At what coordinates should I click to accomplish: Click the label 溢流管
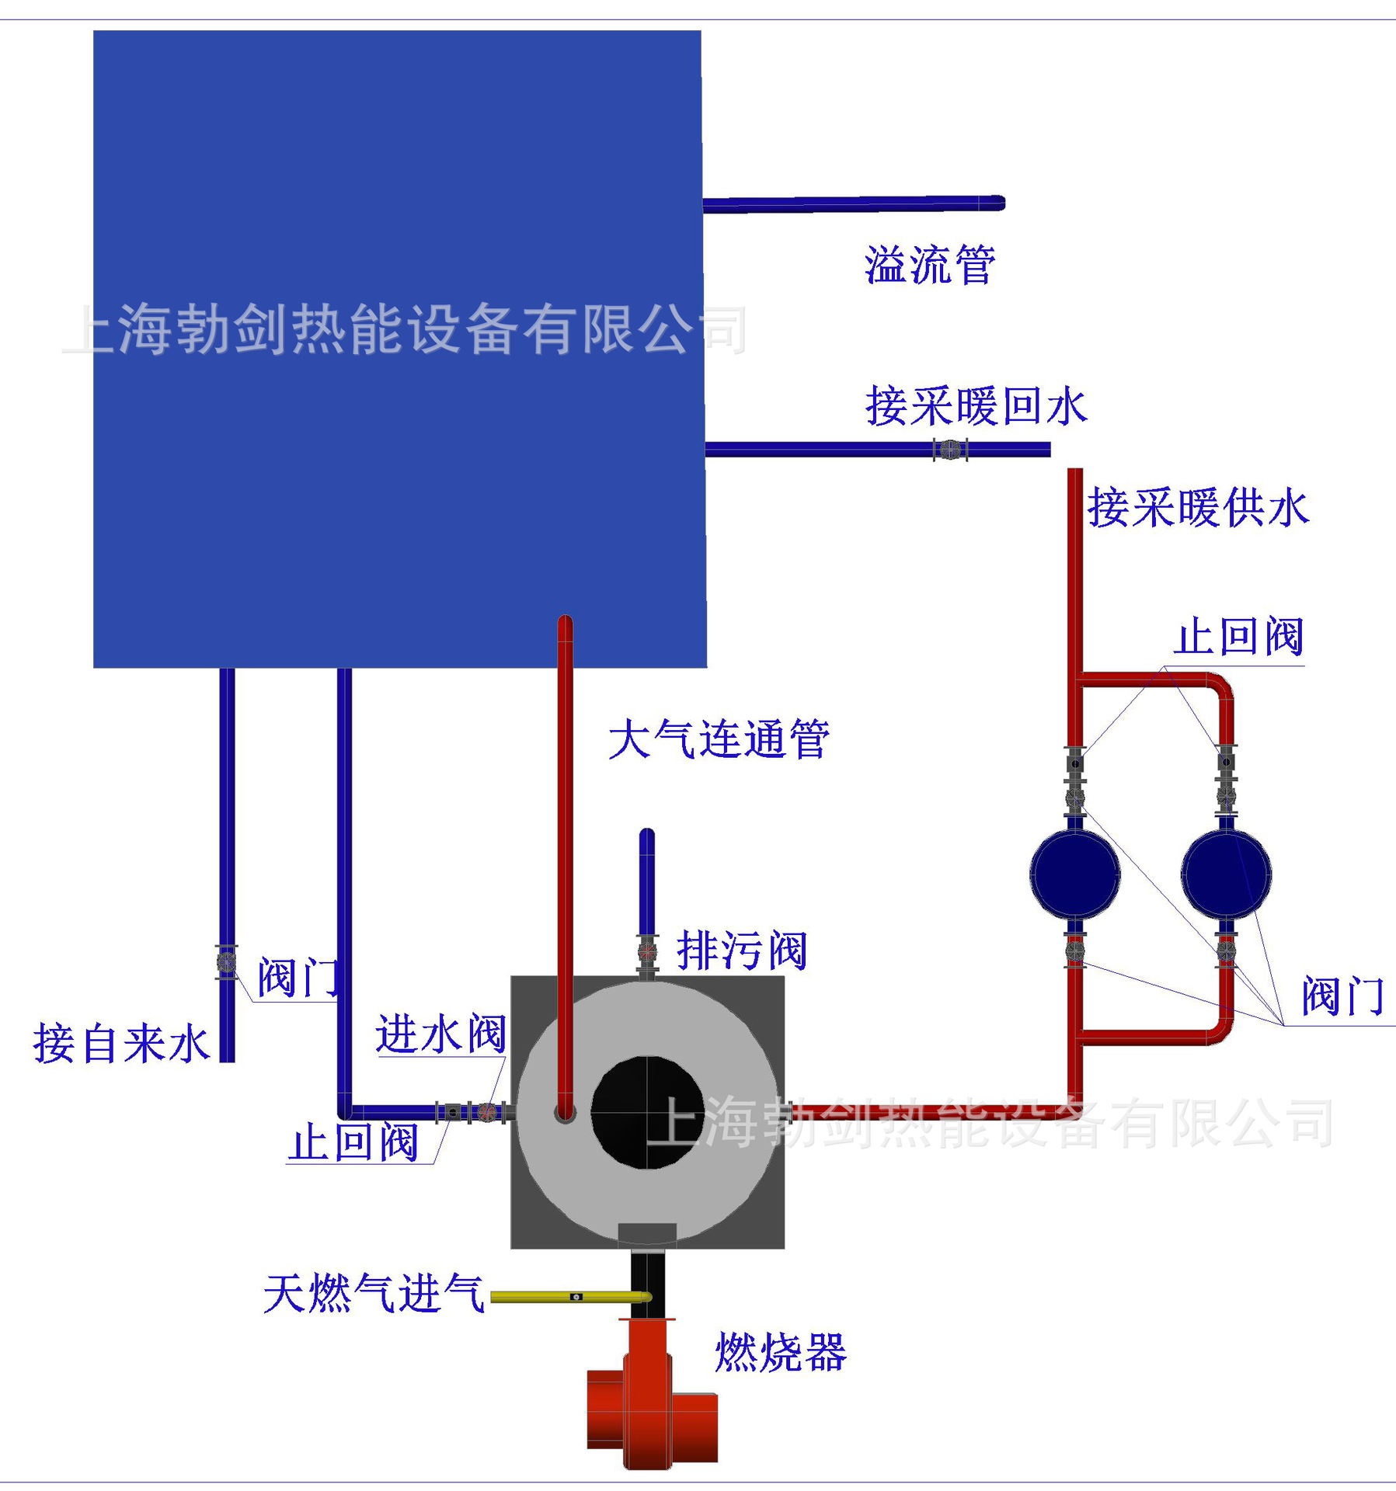point(930,265)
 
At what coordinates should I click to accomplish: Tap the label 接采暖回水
point(976,406)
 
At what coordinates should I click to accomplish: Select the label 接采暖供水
point(1198,508)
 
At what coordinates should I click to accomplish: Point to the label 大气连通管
point(719,739)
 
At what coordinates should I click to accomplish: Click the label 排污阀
point(742,950)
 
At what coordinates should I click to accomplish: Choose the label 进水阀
point(440,1034)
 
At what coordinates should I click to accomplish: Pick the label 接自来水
point(121,1043)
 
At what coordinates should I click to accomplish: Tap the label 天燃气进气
point(374,1294)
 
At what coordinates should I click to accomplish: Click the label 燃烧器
point(780,1352)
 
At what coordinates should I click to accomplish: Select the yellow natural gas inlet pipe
point(571,1297)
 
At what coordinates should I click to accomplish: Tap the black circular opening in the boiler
point(647,1112)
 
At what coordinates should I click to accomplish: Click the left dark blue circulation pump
point(1074,874)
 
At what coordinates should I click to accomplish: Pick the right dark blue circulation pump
point(1226,874)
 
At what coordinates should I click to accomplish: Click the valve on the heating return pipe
point(950,450)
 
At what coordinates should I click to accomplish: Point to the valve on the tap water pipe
point(227,962)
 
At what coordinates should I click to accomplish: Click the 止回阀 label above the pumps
point(1238,638)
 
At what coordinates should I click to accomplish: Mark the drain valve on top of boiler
point(647,951)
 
